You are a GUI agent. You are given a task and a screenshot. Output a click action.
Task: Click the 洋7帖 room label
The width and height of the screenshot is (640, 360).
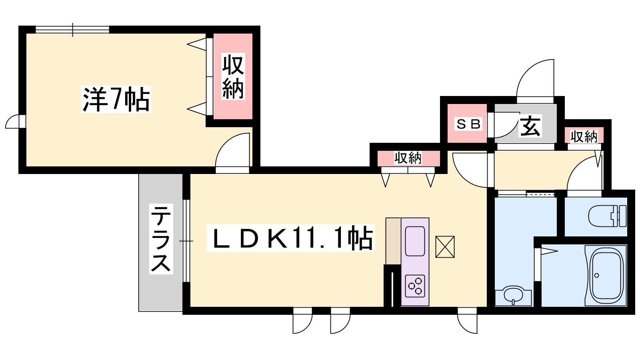tap(116, 99)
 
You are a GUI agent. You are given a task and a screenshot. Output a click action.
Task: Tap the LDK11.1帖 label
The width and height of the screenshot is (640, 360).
tap(290, 238)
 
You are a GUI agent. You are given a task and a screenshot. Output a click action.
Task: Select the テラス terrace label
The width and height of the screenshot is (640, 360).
tap(161, 239)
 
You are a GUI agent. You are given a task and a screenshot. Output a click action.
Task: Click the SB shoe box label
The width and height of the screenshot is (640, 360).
tap(468, 124)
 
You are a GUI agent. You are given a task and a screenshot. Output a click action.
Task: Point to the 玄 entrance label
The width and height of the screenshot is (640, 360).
tap(530, 126)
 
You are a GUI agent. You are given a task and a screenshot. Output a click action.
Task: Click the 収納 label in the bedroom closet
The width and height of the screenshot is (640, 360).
tap(233, 76)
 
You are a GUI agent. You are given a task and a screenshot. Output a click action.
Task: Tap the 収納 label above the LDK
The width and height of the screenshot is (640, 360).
tap(408, 158)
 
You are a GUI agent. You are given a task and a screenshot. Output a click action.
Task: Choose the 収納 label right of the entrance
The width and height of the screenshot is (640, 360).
tap(584, 136)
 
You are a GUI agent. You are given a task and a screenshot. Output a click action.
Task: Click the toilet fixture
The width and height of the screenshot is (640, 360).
tap(608, 216)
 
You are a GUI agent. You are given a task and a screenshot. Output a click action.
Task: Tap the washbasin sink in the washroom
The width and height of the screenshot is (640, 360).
tap(513, 297)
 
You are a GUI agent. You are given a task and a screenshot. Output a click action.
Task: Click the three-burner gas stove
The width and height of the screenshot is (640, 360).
tap(415, 286)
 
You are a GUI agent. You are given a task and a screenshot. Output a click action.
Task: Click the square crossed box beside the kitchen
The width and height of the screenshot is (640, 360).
tap(445, 247)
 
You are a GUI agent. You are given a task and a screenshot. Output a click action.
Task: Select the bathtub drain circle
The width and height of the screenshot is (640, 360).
tap(596, 276)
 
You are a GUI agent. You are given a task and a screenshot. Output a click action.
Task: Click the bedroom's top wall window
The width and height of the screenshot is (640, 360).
tap(72, 30)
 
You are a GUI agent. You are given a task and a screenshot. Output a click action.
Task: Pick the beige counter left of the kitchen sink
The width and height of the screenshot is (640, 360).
tap(394, 241)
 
